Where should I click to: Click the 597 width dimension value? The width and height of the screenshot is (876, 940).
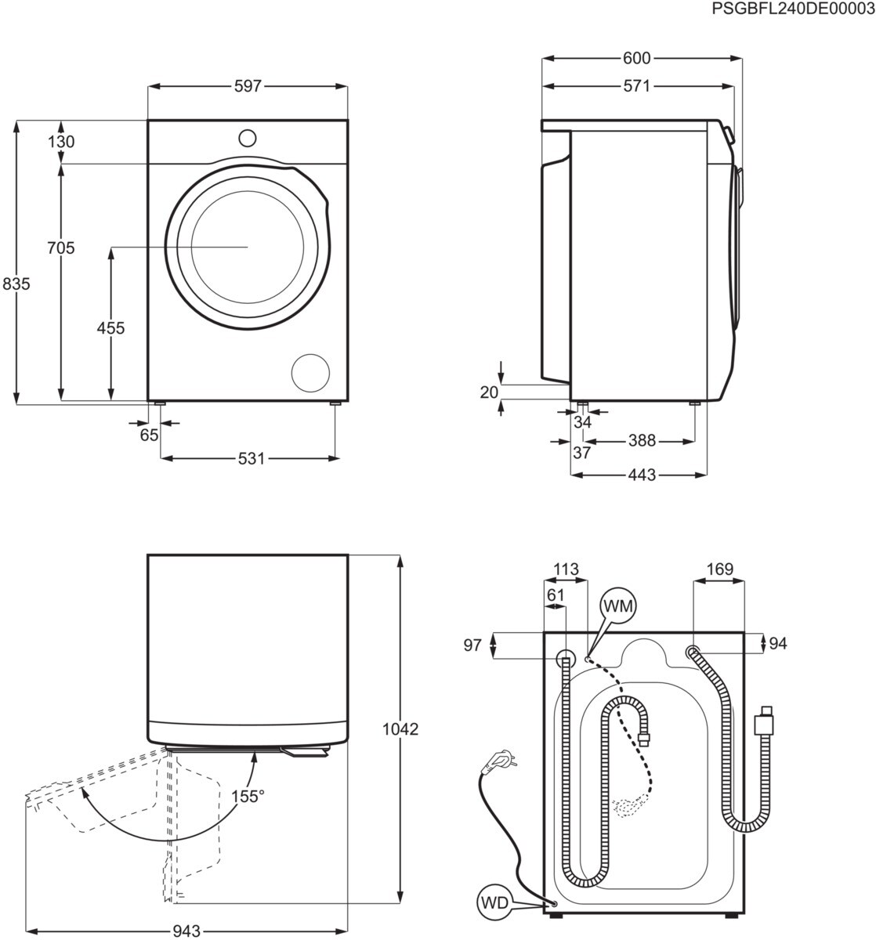click(x=247, y=86)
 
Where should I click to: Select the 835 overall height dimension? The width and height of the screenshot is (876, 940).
click(x=16, y=284)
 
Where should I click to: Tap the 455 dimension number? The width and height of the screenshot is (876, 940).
click(x=110, y=327)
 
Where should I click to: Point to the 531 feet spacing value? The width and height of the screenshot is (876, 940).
click(x=252, y=458)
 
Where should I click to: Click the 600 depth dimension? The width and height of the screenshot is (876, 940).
click(x=637, y=58)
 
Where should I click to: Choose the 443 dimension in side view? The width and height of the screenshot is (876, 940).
click(x=641, y=475)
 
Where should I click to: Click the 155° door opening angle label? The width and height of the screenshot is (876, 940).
click(x=248, y=796)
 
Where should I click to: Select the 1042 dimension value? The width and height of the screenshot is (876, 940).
click(x=400, y=729)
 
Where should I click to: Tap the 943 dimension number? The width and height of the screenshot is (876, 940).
click(x=186, y=931)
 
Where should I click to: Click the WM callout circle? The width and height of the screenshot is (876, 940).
click(x=618, y=606)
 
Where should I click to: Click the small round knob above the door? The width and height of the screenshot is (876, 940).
click(x=247, y=138)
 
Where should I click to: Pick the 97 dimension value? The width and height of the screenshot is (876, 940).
click(x=472, y=645)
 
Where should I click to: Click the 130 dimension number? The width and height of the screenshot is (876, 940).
click(x=61, y=142)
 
